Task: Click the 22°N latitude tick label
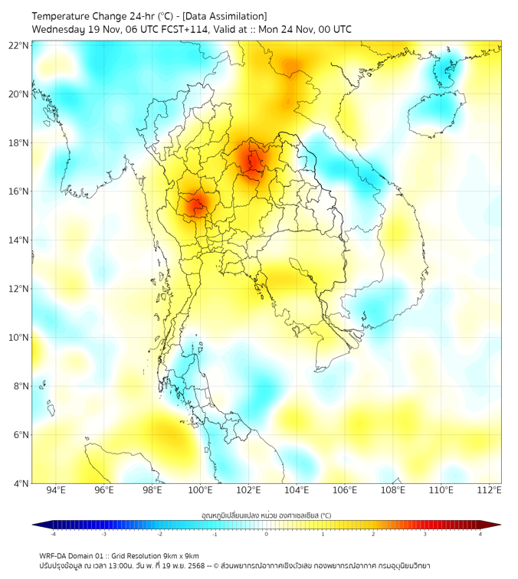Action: (x=19, y=45)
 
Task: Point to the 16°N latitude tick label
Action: (x=19, y=191)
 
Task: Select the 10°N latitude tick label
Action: (x=19, y=338)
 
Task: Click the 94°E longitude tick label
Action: (x=56, y=490)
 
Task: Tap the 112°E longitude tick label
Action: (x=489, y=490)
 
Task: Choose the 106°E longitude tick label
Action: (x=345, y=490)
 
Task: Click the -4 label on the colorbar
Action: (x=53, y=534)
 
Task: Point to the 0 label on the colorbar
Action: (x=267, y=534)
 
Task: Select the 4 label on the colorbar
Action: (x=480, y=534)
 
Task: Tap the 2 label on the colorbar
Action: (x=374, y=534)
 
